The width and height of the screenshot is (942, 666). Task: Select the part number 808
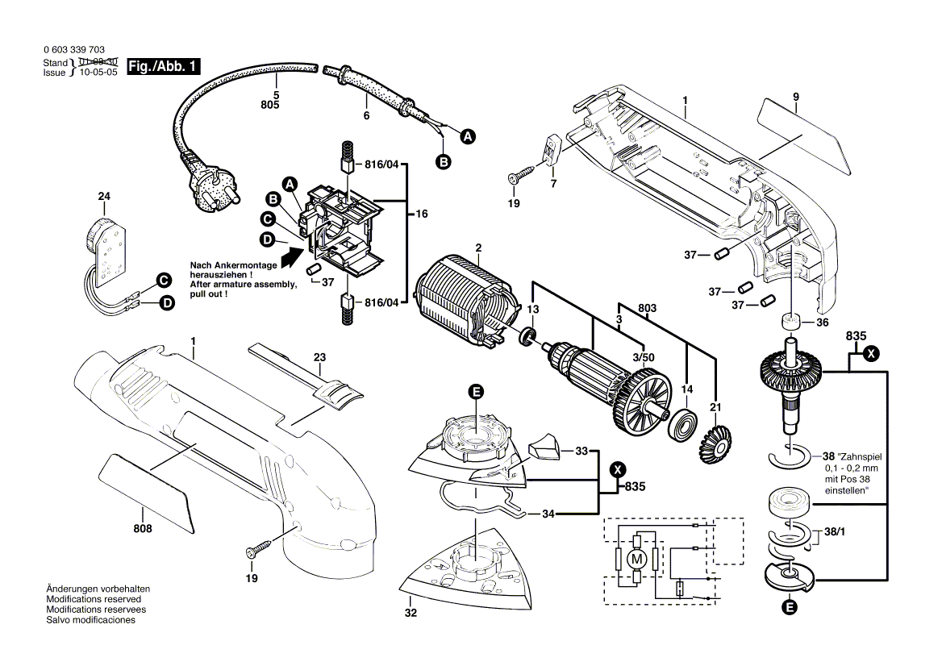[x=143, y=529]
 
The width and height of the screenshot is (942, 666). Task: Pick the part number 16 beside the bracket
[x=422, y=214]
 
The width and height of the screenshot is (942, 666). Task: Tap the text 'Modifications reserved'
[x=94, y=600]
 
